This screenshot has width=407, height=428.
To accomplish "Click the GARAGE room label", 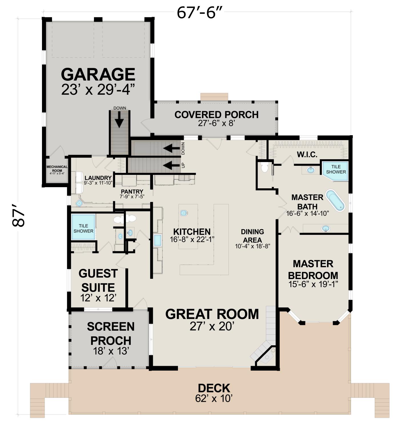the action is (98, 74).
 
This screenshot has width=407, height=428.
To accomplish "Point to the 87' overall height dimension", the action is (18, 215).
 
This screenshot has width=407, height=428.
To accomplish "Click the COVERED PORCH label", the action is (216, 115).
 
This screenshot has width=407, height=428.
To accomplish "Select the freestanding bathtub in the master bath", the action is (335, 200).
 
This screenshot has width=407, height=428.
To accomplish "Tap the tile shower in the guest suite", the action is (83, 227).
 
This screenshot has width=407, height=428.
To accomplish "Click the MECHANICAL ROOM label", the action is (57, 169).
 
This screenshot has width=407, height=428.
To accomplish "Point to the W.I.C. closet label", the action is (307, 155).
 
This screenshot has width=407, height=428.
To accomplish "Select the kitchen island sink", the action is (184, 213).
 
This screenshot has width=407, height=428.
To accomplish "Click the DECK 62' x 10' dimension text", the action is (214, 398).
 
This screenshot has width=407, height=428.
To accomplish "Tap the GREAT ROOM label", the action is (212, 314).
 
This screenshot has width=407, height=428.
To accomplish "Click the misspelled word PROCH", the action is (111, 340).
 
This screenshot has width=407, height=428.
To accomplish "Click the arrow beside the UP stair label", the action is (171, 165).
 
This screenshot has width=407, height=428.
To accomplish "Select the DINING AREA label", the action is (252, 236).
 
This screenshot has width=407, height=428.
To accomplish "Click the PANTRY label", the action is (132, 191).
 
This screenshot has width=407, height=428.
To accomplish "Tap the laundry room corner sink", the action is (79, 203).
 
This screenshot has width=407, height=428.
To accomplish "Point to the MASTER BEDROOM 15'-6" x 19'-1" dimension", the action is (313, 284).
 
